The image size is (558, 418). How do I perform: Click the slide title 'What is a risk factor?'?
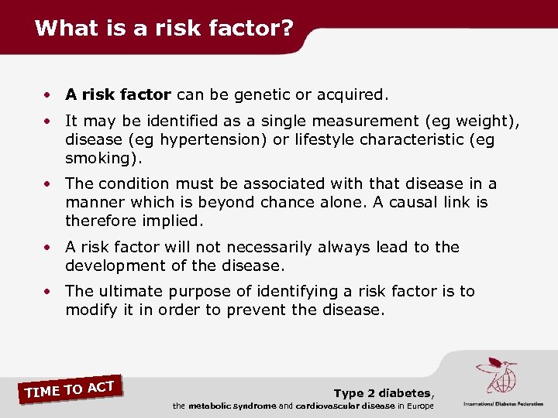[x=164, y=29]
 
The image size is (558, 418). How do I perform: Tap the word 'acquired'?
[x=354, y=95]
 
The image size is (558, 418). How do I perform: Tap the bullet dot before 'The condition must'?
[x=48, y=185]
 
